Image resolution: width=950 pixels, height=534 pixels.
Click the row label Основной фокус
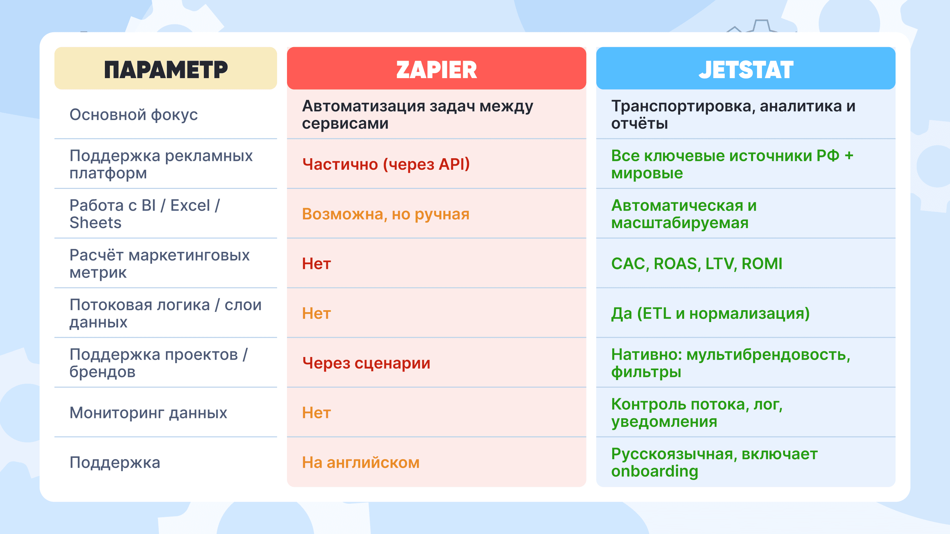click(134, 115)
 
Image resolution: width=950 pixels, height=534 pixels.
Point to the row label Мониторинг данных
click(148, 413)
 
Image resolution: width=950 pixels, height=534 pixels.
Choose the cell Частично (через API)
click(386, 164)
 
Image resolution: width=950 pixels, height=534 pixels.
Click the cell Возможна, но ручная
click(386, 214)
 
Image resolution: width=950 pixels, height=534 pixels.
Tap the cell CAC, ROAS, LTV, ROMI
click(697, 263)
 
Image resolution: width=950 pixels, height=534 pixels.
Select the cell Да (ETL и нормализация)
click(710, 313)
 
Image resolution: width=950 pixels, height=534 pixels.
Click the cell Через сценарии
click(366, 363)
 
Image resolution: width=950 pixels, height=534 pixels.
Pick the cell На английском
click(361, 462)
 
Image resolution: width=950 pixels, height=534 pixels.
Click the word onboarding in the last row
click(654, 471)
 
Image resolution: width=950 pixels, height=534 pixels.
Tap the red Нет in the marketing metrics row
click(316, 263)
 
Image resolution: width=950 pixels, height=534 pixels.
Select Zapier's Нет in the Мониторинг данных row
click(316, 413)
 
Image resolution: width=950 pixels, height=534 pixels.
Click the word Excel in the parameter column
click(190, 205)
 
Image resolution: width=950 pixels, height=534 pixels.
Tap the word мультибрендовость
click(768, 355)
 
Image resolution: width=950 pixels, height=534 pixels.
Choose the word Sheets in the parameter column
click(96, 222)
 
